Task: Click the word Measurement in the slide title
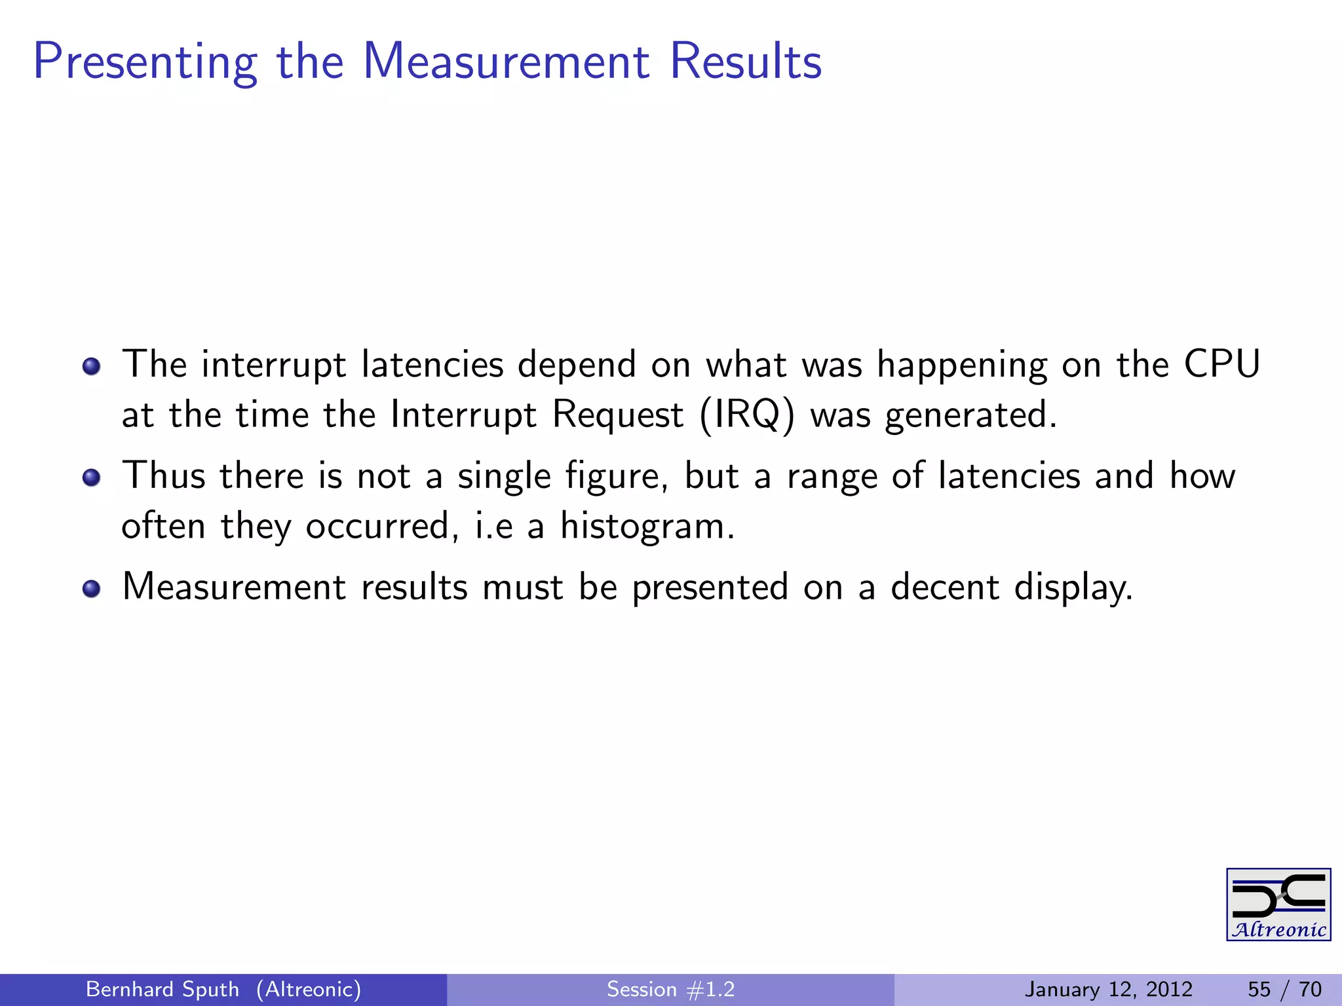pyautogui.click(x=506, y=62)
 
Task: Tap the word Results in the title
pyautogui.click(x=746, y=62)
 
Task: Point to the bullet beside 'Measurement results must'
pyautogui.click(x=92, y=588)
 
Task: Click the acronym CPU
pyautogui.click(x=1221, y=364)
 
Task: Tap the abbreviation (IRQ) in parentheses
pyautogui.click(x=747, y=415)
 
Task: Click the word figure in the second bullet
pyautogui.click(x=617, y=477)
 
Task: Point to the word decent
pyautogui.click(x=945, y=587)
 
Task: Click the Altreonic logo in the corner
pyautogui.click(x=1278, y=904)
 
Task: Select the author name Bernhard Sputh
pyautogui.click(x=163, y=989)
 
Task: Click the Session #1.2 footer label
pyautogui.click(x=670, y=989)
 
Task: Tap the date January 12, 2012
pyautogui.click(x=1109, y=989)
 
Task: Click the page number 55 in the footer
pyautogui.click(x=1259, y=989)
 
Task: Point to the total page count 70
pyautogui.click(x=1310, y=989)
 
